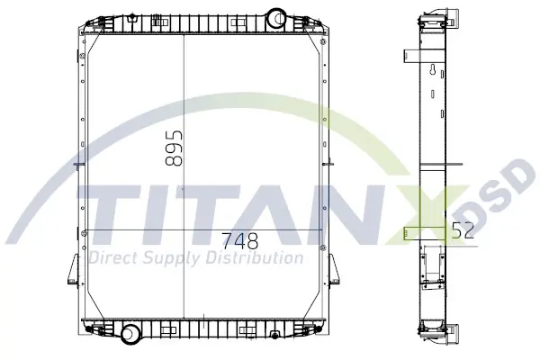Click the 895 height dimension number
[174, 148]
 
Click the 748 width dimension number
[239, 241]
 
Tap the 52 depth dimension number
[463, 230]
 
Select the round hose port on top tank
[276, 17]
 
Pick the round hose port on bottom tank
[130, 334]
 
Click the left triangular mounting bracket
[74, 269]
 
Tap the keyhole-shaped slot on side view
[433, 69]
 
